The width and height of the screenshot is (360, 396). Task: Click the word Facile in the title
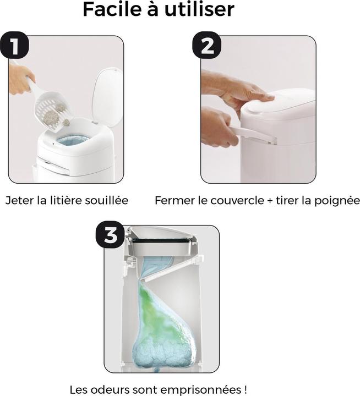(x=112, y=9)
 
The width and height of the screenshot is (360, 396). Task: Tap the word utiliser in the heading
(x=199, y=9)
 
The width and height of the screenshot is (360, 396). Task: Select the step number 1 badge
(x=14, y=45)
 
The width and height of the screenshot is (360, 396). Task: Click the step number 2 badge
(x=207, y=45)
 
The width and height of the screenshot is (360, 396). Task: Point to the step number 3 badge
(x=110, y=234)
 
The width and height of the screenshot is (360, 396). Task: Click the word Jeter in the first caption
(x=19, y=201)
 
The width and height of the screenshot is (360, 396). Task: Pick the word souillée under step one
(x=106, y=201)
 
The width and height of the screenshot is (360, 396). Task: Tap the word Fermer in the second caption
(x=174, y=201)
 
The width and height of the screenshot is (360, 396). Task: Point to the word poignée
(x=337, y=201)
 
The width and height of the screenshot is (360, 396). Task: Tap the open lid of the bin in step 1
(x=107, y=97)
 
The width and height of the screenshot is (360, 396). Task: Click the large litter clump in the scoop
(x=50, y=118)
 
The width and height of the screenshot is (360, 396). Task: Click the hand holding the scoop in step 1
(x=21, y=78)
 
